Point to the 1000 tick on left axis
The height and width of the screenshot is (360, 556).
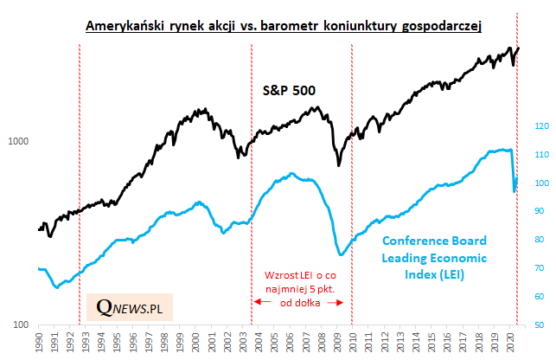coord(19,142)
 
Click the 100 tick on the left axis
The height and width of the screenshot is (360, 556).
coord(22,325)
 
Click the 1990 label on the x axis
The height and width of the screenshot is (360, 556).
coord(40,339)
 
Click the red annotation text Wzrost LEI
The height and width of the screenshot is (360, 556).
coord(300,286)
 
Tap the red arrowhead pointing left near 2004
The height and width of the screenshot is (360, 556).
coord(256,301)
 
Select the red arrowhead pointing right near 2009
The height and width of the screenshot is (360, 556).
coord(346,301)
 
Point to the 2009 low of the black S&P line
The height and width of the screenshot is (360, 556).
coord(339,164)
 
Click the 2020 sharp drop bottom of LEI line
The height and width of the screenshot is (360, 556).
coord(514,190)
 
